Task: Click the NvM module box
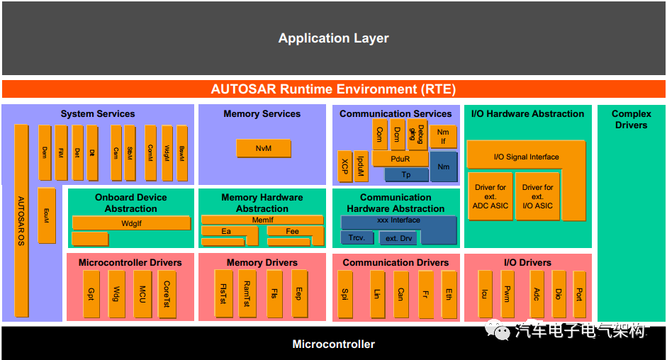(264, 148)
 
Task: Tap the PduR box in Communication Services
(400, 159)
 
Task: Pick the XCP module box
(344, 167)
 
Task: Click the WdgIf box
(131, 223)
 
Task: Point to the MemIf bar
(262, 220)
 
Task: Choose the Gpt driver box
(91, 293)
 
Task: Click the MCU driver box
(142, 293)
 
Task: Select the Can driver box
(400, 293)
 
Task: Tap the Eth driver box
(448, 293)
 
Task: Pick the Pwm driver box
(507, 293)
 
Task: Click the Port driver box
(579, 293)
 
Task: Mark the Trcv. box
(357, 237)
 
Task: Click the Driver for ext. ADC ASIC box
(490, 196)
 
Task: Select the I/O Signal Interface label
(526, 157)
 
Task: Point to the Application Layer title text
(333, 38)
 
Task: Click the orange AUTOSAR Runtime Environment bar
(333, 89)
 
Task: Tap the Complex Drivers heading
(631, 119)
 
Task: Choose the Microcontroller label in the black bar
(333, 344)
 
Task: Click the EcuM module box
(47, 215)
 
